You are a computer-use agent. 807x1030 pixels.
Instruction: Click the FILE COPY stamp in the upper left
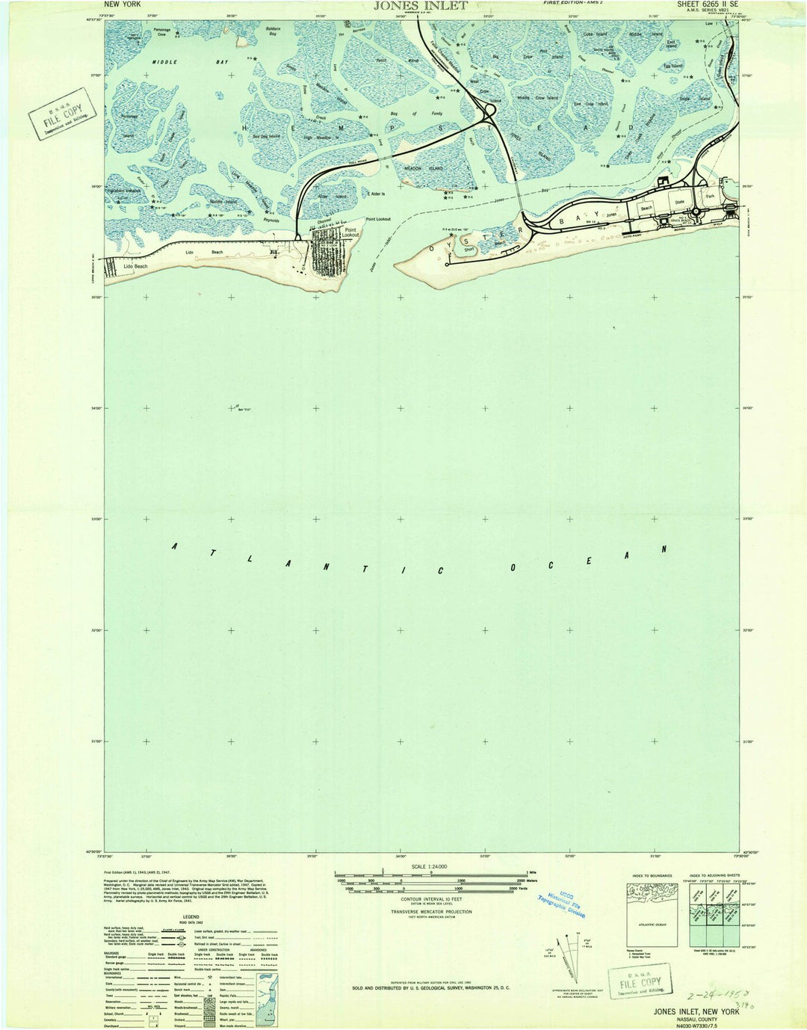click(x=63, y=114)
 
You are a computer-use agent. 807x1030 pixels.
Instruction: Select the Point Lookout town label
click(x=350, y=232)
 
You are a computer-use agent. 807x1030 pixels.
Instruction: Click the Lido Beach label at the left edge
click(x=135, y=266)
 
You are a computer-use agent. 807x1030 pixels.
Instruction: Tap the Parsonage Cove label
click(x=162, y=32)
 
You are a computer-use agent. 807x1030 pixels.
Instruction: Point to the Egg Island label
click(x=672, y=67)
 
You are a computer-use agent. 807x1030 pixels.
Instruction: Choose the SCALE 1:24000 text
click(x=429, y=866)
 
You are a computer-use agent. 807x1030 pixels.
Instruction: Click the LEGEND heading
click(x=191, y=916)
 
